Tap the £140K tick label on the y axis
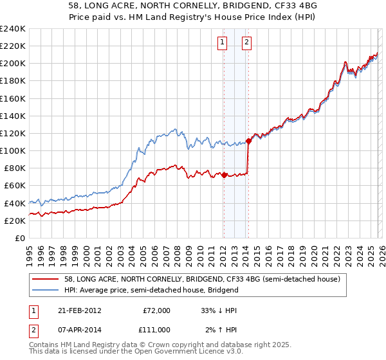click(x=13, y=116)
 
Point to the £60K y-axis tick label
click(x=15, y=185)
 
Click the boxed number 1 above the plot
click(x=223, y=43)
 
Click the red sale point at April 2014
click(x=248, y=141)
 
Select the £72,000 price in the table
click(x=156, y=310)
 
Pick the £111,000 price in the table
click(x=156, y=330)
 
